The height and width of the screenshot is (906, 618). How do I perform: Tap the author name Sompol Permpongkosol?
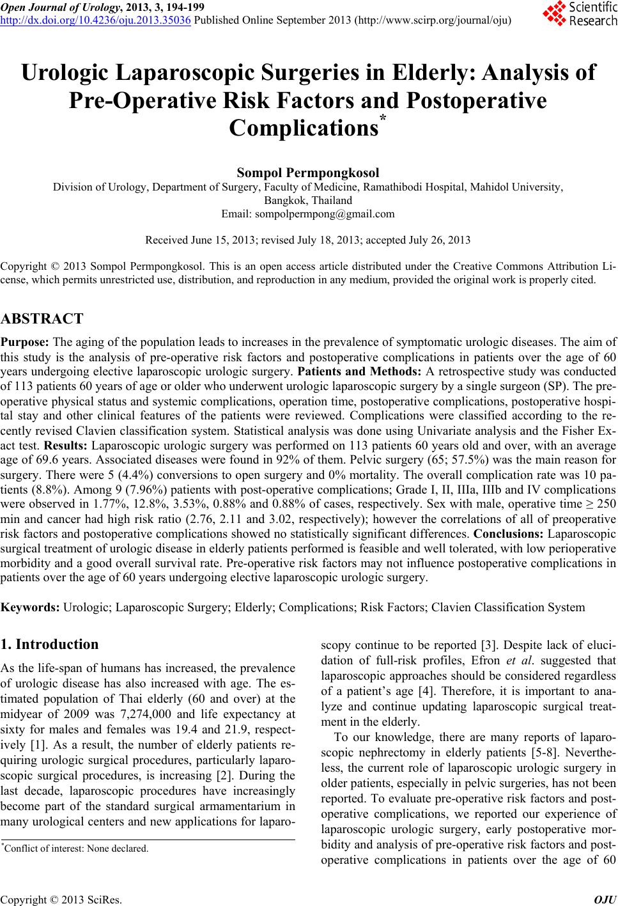pos(308,173)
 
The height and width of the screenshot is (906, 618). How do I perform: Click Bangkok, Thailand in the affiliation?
pos(308,200)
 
